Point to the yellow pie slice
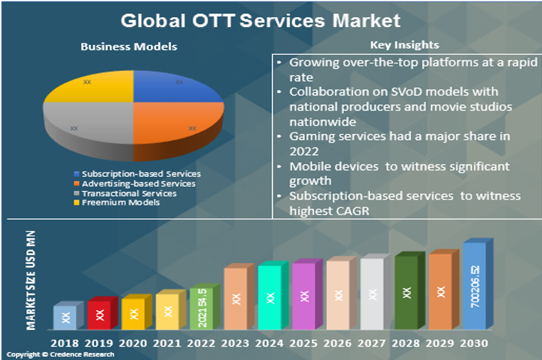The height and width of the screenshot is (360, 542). point(93,86)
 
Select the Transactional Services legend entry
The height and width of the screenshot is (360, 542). point(129,192)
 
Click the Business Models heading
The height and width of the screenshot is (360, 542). point(129,46)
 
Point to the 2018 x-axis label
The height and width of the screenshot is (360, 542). point(65,343)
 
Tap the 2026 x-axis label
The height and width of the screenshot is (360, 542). point(338,343)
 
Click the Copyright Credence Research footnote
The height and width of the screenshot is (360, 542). point(61,354)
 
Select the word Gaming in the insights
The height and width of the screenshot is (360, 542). point(309,136)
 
